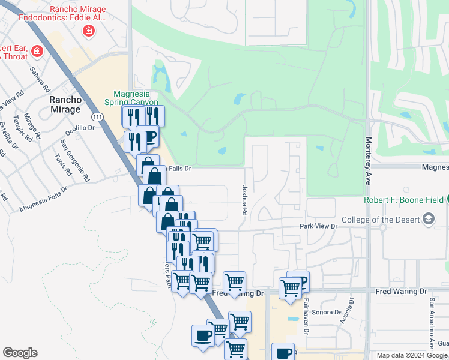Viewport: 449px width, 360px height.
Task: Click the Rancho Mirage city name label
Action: tap(65, 104)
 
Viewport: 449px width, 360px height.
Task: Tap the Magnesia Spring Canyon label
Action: tap(135, 97)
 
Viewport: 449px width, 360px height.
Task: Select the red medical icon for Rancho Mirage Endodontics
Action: tap(89, 31)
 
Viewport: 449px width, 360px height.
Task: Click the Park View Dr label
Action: tap(319, 227)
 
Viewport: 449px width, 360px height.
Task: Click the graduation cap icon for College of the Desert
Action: tap(428, 220)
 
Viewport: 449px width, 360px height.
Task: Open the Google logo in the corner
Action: tap(20, 353)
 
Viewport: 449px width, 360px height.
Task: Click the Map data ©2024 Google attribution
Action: tap(412, 355)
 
